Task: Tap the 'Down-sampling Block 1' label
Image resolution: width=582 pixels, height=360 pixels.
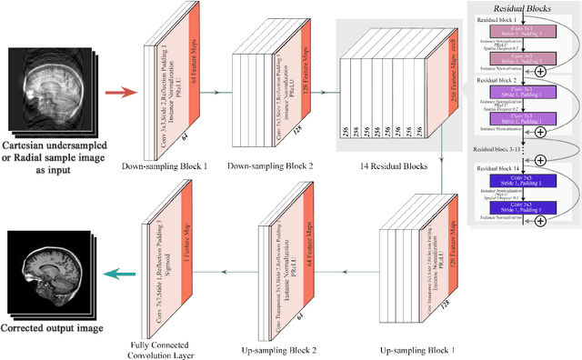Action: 173,165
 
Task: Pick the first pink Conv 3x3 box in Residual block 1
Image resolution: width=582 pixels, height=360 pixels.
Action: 517,31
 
